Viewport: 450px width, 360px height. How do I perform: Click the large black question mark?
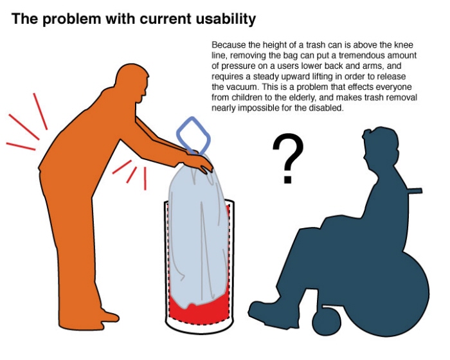(287, 158)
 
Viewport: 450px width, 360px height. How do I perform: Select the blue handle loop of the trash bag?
(193, 135)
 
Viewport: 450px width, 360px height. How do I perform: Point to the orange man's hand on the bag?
(199, 163)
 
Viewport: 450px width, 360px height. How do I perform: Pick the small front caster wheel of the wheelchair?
(327, 321)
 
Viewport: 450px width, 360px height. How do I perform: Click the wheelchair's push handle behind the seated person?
(414, 191)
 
